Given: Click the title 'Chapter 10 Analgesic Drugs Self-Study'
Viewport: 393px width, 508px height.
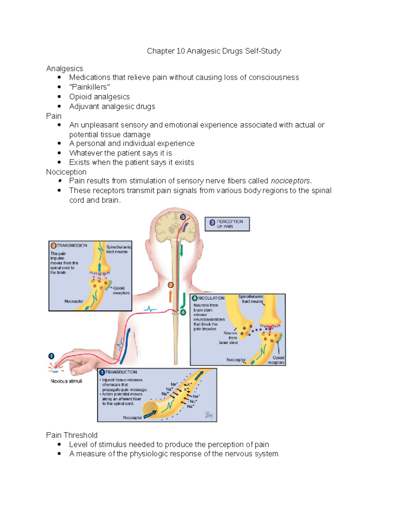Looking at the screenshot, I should coord(214,51).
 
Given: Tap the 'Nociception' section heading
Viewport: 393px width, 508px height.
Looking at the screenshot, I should coord(66,172).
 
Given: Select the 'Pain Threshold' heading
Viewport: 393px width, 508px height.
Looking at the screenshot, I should coord(72,435).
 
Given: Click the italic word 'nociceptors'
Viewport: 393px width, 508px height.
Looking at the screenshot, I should coord(290,181).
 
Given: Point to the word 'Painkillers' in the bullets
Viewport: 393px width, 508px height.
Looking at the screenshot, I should coord(89,87).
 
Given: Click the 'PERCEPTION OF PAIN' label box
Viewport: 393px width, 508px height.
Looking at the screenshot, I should coord(227,224).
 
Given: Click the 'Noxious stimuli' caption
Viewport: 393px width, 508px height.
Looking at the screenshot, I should coord(66,381).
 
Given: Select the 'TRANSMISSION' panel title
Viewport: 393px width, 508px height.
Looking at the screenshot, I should coord(72,245).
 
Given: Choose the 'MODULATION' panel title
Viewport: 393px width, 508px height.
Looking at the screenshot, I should coord(211,298).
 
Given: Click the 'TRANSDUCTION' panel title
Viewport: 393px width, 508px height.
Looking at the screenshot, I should coord(121,372).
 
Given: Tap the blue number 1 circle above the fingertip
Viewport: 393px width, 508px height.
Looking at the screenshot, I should coord(51,356).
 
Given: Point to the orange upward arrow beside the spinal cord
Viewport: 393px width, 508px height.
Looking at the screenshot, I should coord(170,296).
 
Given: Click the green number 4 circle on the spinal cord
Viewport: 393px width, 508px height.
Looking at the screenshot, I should coord(183,312).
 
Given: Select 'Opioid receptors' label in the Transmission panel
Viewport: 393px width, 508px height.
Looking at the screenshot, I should coord(121,290).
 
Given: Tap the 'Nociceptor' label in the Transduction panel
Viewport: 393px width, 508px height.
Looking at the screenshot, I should coord(132,417).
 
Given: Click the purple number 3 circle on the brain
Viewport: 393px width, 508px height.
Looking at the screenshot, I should coord(183,217).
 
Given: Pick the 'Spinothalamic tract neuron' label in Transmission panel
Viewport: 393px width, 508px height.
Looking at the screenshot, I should coord(118,249).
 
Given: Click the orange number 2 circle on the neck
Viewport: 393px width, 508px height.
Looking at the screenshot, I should coord(170,285).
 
